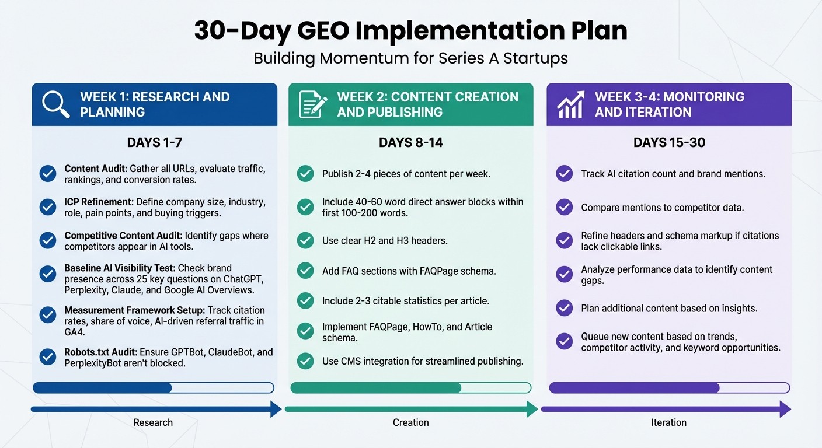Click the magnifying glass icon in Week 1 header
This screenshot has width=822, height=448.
pyautogui.click(x=55, y=104)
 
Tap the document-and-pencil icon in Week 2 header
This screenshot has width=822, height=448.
pyautogui.click(x=313, y=104)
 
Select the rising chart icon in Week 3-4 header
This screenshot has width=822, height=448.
pyautogui.click(x=570, y=104)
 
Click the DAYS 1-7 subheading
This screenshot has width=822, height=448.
pyautogui.click(x=154, y=143)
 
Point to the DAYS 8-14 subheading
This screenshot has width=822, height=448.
pyautogui.click(x=410, y=143)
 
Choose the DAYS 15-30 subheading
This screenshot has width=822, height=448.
pyautogui.click(x=669, y=143)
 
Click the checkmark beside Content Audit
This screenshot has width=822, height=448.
pyautogui.click(x=48, y=174)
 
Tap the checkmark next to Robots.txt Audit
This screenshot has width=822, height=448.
pyautogui.click(x=48, y=357)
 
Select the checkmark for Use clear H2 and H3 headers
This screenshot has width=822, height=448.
pyautogui.click(x=305, y=240)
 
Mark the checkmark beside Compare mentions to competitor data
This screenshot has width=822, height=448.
pyautogui.click(x=564, y=207)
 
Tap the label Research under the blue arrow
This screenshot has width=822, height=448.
pyautogui.click(x=153, y=422)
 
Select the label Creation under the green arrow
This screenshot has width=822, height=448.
pyautogui.click(x=410, y=422)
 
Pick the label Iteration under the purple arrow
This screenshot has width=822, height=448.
pyautogui.click(x=669, y=422)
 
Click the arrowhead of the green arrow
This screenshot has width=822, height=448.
pyautogui.click(x=532, y=409)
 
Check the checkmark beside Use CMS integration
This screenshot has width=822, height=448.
pyautogui.click(x=305, y=361)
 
